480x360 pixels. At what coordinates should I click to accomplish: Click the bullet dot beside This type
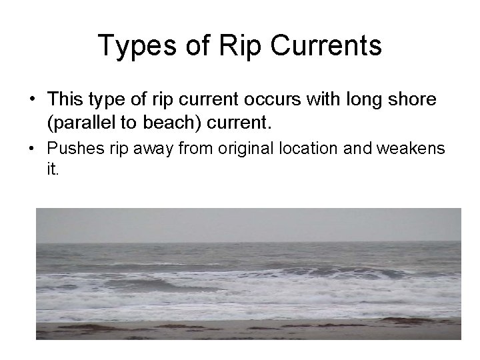click(x=31, y=100)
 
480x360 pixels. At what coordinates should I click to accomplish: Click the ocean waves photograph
click(x=248, y=273)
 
